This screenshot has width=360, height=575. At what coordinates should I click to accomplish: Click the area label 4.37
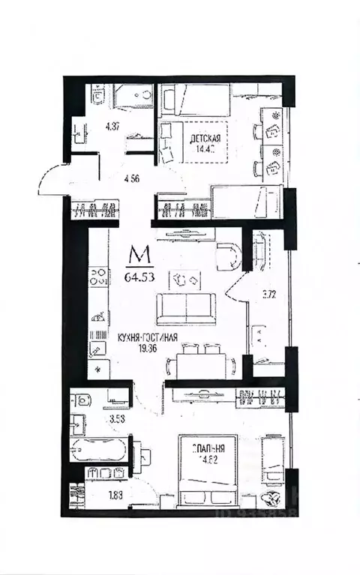click(x=91, y=126)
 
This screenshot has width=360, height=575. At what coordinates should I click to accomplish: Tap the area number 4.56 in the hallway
click(x=133, y=179)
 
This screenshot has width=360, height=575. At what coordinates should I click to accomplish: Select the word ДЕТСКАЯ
click(x=205, y=139)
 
